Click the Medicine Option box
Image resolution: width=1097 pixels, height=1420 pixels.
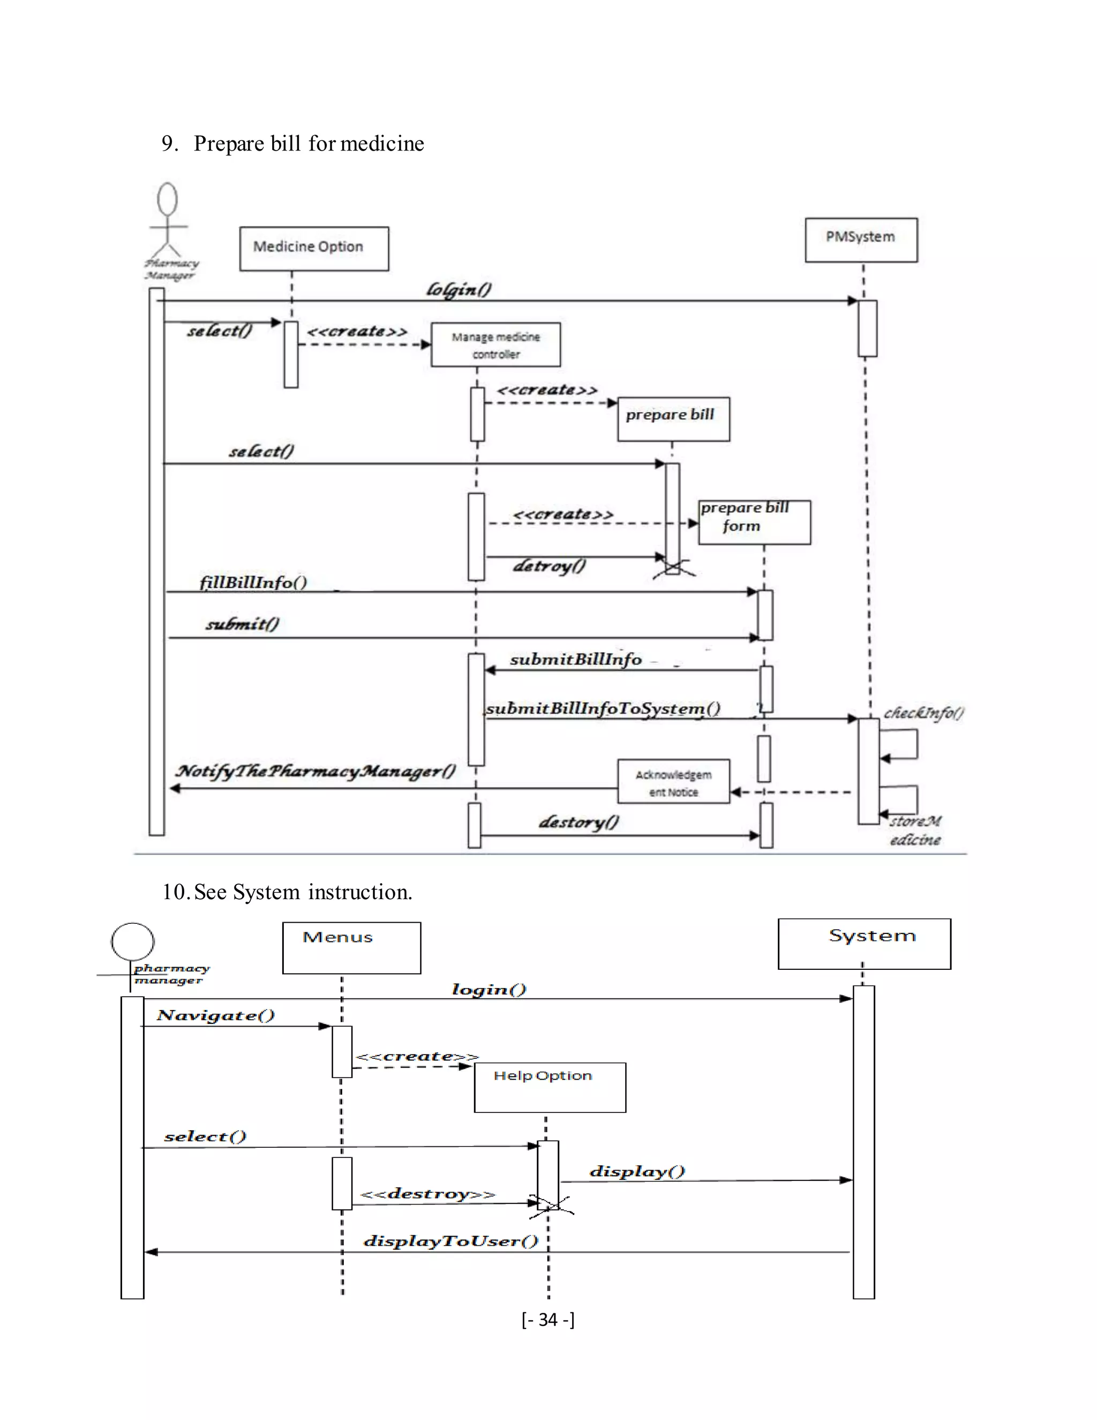click(x=314, y=249)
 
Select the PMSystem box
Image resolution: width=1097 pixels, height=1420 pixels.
click(x=861, y=240)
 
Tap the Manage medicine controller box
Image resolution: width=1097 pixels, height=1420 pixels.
click(x=495, y=345)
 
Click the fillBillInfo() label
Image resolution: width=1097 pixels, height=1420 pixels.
click(x=253, y=582)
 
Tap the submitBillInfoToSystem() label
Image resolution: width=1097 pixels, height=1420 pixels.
click(x=603, y=708)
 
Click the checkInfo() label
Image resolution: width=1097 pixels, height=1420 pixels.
click(x=923, y=713)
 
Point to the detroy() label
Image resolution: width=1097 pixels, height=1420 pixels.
click(x=549, y=566)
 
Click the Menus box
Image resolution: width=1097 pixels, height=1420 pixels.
click(x=351, y=947)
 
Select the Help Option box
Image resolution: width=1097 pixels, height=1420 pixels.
click(x=550, y=1087)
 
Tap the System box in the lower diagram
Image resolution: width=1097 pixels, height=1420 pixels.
click(x=865, y=944)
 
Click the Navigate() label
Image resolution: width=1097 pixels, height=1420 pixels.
click(x=216, y=1015)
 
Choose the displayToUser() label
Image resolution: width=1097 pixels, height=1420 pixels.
click(x=451, y=1240)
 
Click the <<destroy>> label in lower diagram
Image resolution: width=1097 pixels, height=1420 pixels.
click(x=427, y=1194)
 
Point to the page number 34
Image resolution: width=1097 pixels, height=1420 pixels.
click(x=548, y=1319)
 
